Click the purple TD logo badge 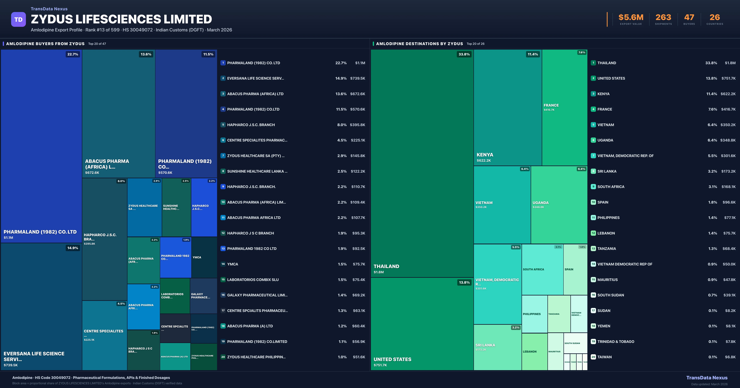[18, 20]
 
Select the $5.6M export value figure [631, 18]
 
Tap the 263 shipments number [663, 18]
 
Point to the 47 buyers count [689, 18]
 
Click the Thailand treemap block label [386, 266]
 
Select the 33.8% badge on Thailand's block [464, 54]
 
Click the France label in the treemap [551, 105]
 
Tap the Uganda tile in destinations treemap [559, 205]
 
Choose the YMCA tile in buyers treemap [204, 257]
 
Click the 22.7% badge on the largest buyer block [72, 54]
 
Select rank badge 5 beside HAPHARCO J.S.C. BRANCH [223, 125]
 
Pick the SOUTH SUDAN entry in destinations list [610, 295]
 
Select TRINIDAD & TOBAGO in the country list [616, 342]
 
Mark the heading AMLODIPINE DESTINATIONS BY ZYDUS [419, 44]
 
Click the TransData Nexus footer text [707, 378]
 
